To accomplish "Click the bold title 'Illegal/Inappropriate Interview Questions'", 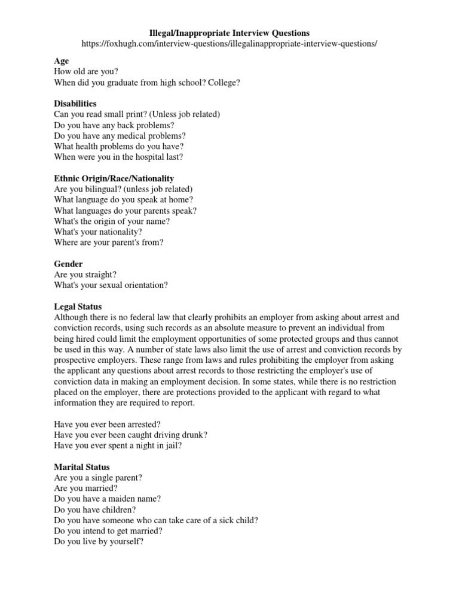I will [x=229, y=33].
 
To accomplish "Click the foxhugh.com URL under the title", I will [x=229, y=44].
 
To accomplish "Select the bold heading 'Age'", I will [x=62, y=61].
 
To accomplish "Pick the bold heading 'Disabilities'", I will [x=75, y=104].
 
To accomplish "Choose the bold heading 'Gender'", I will [x=68, y=264].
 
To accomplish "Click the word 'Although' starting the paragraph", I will [x=72, y=317].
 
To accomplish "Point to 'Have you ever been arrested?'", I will [x=107, y=424].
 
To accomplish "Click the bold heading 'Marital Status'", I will [x=82, y=467].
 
